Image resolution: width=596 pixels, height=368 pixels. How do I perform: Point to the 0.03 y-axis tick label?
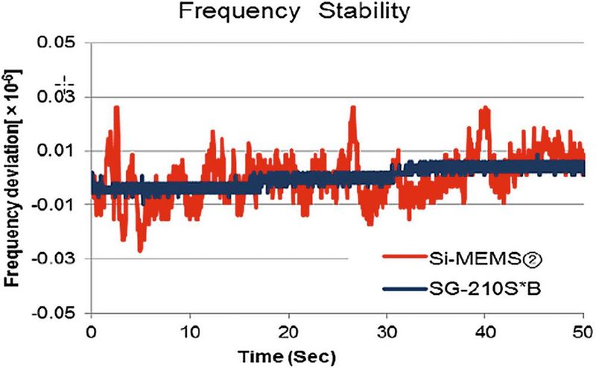(60, 97)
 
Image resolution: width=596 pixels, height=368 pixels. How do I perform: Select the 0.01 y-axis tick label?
(60, 151)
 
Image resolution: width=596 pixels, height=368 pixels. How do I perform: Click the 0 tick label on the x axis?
(91, 329)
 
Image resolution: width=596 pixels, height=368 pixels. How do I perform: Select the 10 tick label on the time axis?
(190, 329)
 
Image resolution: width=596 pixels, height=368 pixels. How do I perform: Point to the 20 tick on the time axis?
(288, 329)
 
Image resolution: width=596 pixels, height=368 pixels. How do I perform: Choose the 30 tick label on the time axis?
(387, 329)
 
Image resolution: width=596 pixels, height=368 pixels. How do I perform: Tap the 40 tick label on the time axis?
(486, 329)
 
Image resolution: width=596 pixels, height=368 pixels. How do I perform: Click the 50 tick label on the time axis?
(583, 329)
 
